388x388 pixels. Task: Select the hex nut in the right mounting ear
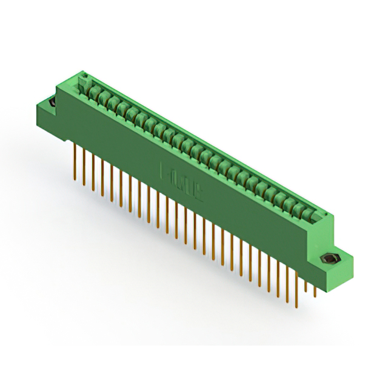coord(329,259)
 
